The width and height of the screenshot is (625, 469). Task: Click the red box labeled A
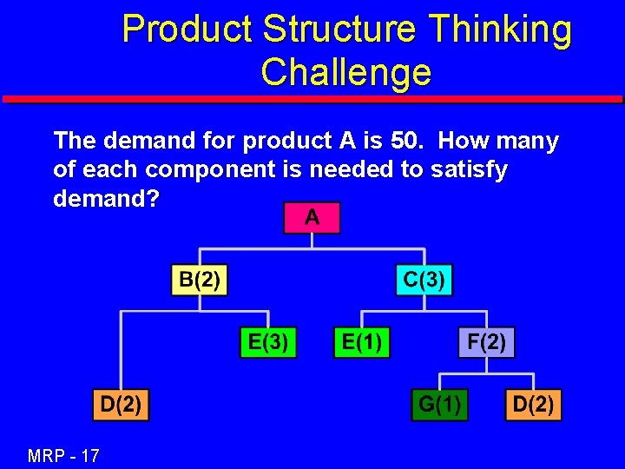click(312, 218)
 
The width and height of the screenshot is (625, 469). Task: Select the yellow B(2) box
click(199, 281)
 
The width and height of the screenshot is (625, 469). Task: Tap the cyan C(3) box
click(424, 281)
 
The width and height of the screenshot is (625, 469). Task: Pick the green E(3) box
click(268, 341)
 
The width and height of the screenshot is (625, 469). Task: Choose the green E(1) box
click(362, 341)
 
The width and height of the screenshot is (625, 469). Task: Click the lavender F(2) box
click(486, 341)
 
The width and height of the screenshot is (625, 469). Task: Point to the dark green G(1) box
click(439, 405)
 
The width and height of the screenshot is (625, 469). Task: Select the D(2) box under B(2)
click(122, 405)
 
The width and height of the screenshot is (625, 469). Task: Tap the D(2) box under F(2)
click(533, 405)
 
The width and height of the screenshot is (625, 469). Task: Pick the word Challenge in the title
click(345, 71)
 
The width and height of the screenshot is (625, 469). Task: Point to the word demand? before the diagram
click(106, 199)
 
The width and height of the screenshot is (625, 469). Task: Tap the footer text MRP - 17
click(63, 454)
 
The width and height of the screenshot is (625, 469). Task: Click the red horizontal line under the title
click(312, 99)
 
